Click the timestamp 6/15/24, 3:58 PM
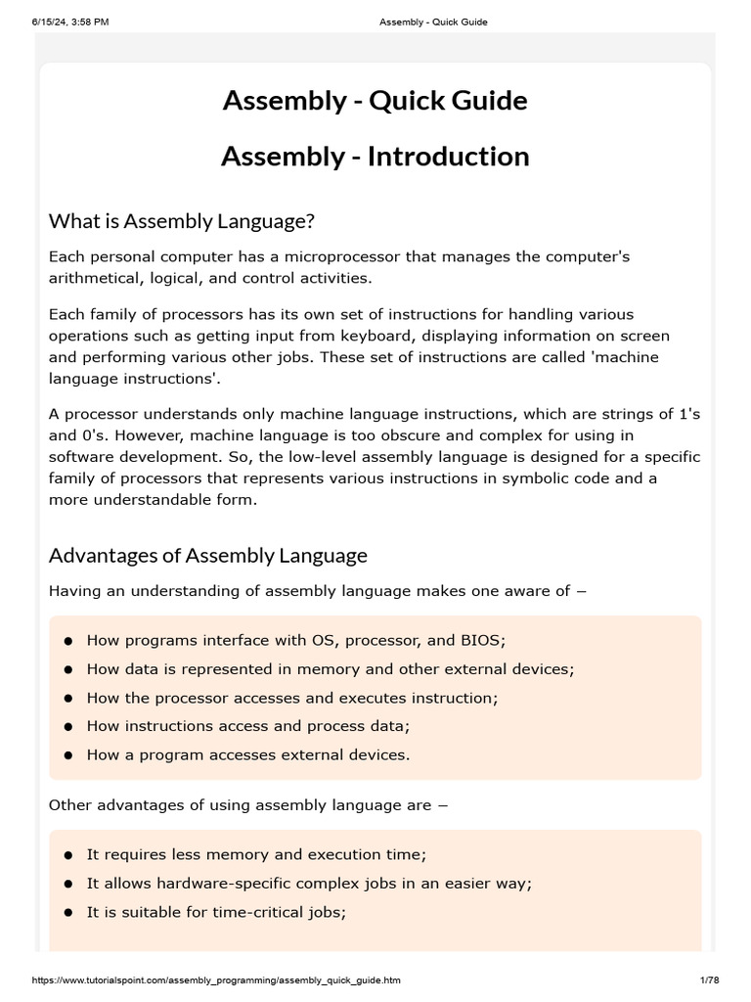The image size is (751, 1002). (x=68, y=22)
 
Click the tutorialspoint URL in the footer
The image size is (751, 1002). (x=217, y=980)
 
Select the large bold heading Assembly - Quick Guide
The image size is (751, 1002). (x=375, y=101)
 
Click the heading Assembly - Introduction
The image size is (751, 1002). (x=375, y=157)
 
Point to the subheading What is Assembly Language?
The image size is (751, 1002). (x=182, y=222)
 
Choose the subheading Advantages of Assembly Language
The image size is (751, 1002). (x=208, y=556)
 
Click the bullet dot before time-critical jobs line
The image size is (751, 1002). (x=68, y=912)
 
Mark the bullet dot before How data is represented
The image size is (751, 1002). (x=68, y=670)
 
